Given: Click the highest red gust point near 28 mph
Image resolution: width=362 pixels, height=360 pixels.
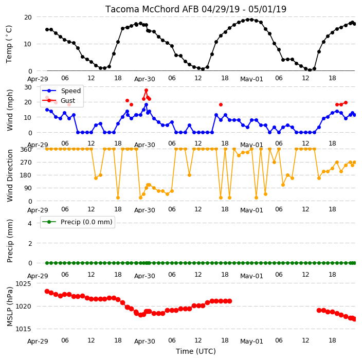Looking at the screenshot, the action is [x=146, y=91].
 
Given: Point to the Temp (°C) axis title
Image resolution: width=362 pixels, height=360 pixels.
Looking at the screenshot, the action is [x=9, y=44].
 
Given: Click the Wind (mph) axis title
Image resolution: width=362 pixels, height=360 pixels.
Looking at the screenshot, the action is [x=10, y=110].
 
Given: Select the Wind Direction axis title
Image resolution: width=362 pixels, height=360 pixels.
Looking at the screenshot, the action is [x=10, y=175].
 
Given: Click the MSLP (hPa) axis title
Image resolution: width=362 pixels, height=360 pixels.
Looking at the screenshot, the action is [x=10, y=307].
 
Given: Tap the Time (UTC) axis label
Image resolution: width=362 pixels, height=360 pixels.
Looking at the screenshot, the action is [x=196, y=351].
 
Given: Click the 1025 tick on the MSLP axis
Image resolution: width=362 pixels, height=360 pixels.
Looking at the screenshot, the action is [x=23, y=284].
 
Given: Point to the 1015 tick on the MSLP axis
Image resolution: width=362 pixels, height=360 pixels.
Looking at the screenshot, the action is [x=23, y=329].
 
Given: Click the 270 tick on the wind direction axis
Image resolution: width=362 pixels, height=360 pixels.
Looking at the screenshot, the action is [x=26, y=163].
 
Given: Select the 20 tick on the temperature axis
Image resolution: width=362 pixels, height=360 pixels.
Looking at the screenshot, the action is [x=28, y=17].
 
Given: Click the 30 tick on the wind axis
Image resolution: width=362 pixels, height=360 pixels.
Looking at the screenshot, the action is [x=28, y=87].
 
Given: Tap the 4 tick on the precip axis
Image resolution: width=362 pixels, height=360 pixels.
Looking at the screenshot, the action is [x=30, y=223].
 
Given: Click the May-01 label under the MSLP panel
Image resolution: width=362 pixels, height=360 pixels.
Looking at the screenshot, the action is [x=251, y=341].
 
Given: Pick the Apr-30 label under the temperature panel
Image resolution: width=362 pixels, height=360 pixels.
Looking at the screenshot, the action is [x=144, y=79].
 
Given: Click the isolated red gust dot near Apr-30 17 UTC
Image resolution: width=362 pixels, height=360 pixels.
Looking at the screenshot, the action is [x=221, y=104].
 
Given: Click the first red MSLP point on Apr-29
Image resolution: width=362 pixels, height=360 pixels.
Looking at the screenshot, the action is [x=47, y=291].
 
